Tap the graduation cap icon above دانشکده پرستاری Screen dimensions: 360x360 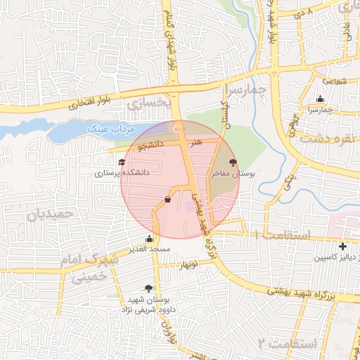tap(112, 162)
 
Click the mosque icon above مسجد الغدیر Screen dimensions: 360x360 tap(148, 238)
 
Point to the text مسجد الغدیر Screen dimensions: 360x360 tap(148, 250)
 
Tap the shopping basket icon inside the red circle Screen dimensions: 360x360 tap(167, 199)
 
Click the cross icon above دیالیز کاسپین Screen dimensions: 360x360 tap(342, 247)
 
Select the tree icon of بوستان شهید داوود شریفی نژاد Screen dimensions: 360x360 tap(148, 288)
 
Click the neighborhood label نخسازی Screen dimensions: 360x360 tap(150, 103)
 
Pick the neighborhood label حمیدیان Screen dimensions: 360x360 tap(51, 214)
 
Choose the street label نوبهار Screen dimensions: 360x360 tap(191, 266)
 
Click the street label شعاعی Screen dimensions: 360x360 tap(335, 81)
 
